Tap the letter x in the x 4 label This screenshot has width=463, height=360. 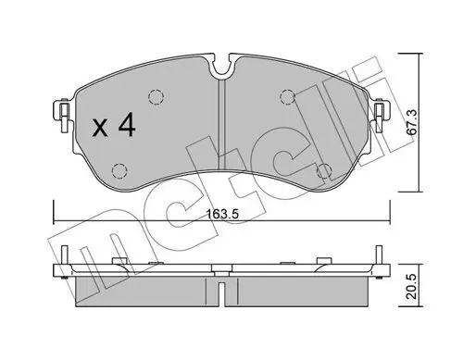coord(101,129)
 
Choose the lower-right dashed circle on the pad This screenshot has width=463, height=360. coord(323,170)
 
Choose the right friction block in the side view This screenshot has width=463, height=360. coord(296,292)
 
